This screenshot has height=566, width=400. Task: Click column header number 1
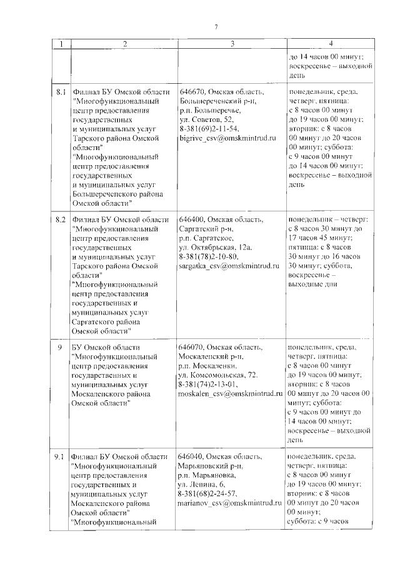61,44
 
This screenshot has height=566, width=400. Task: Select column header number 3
232,44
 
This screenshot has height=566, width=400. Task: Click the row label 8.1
61,91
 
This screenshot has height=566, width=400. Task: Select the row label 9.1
61,457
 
